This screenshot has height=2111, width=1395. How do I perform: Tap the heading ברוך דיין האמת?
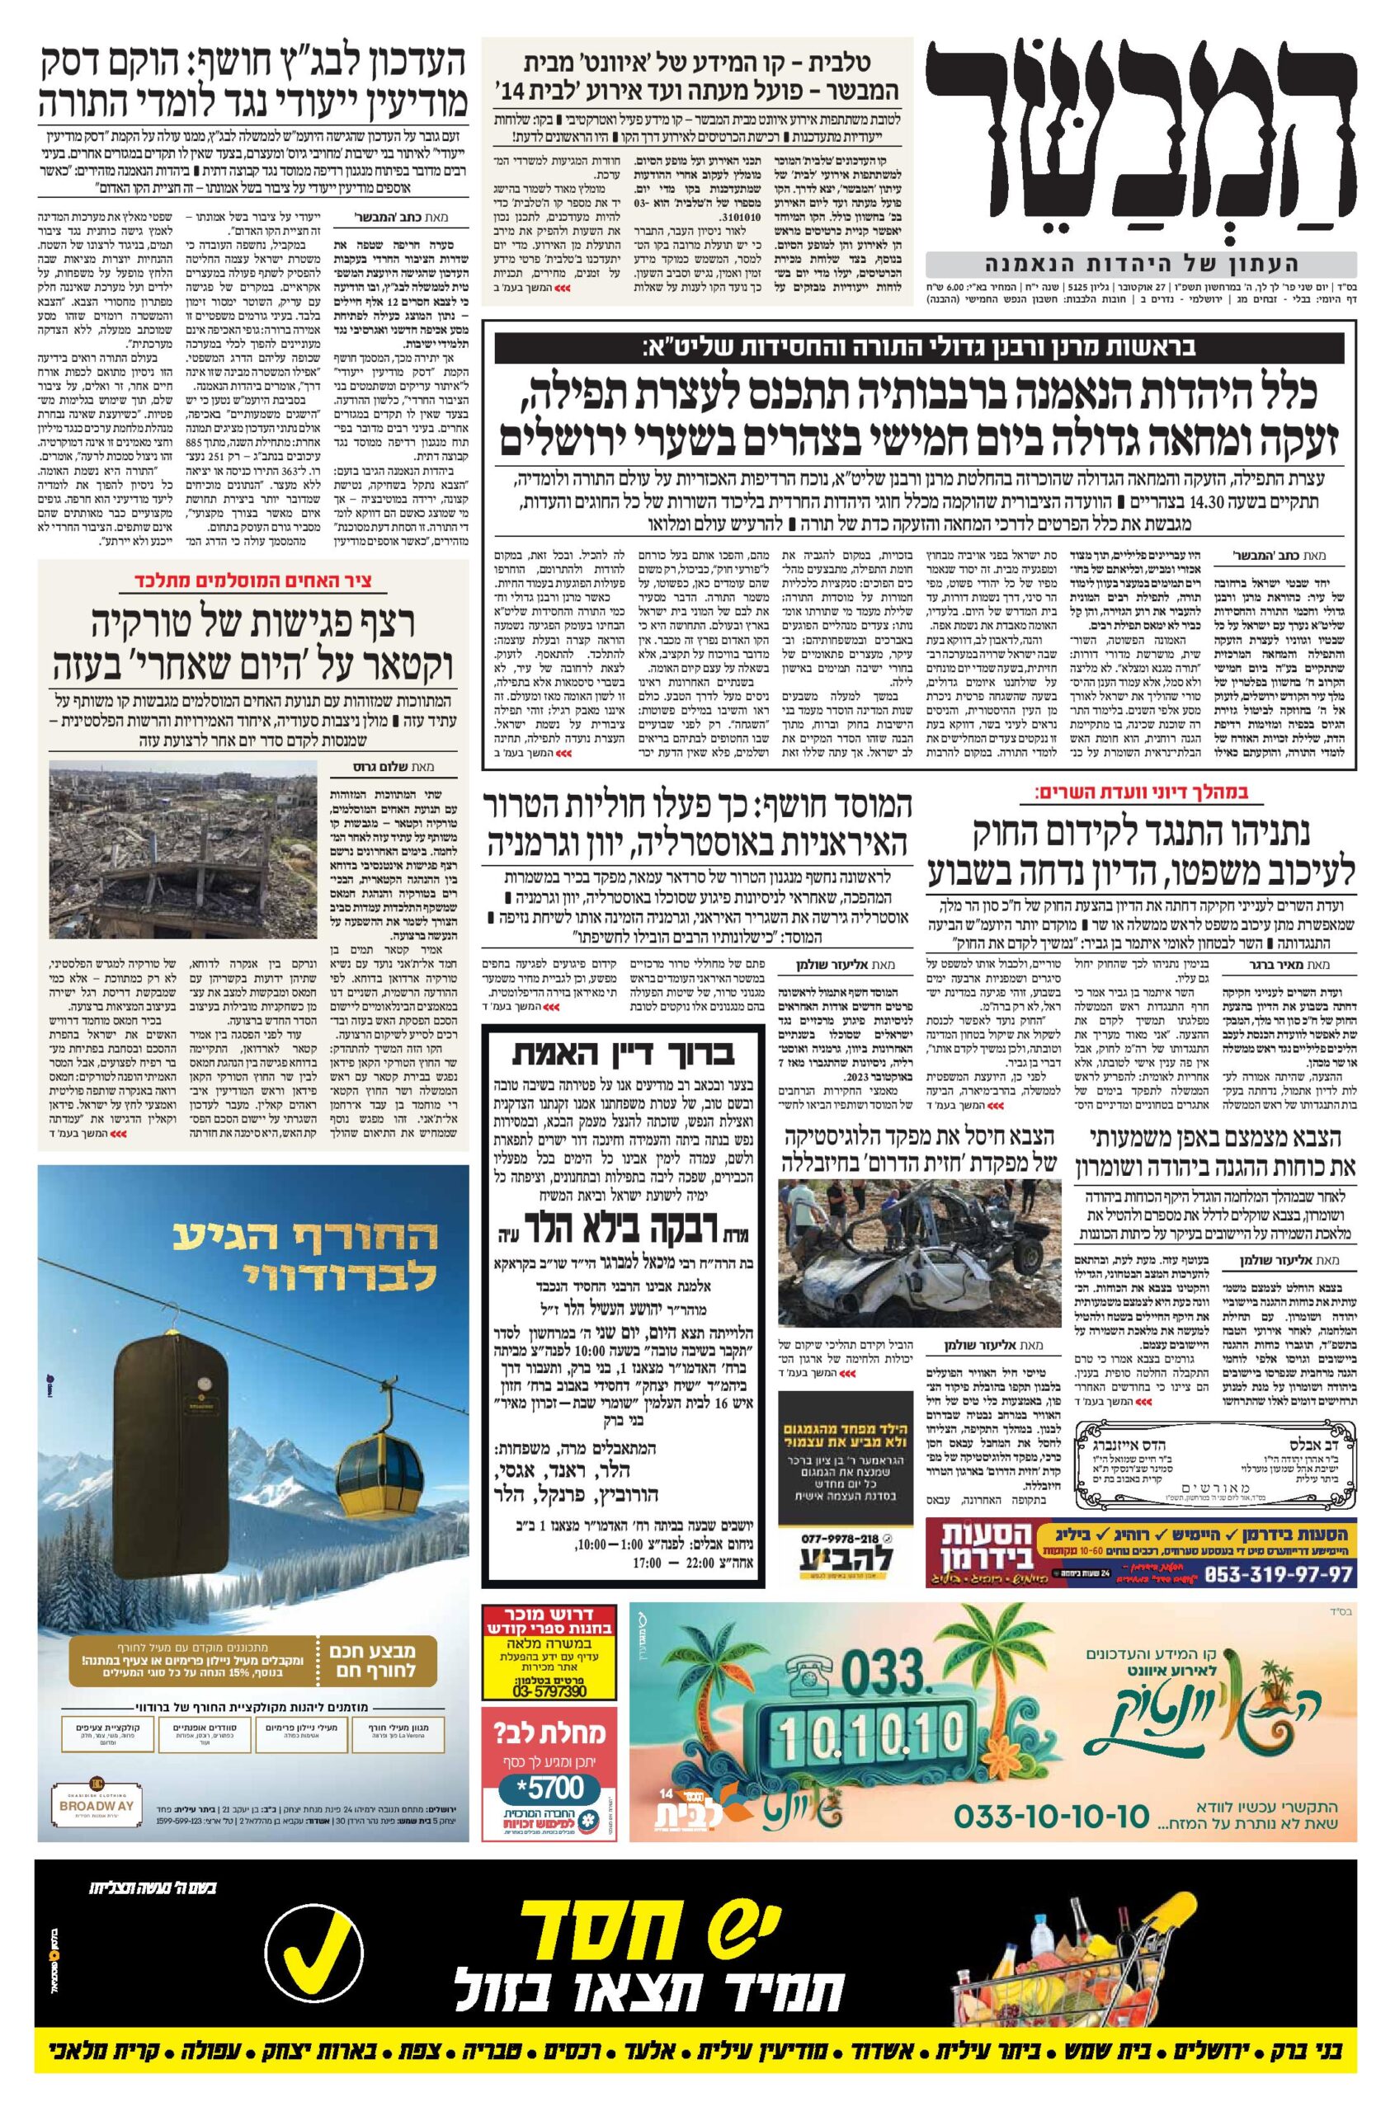pos(622,1055)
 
